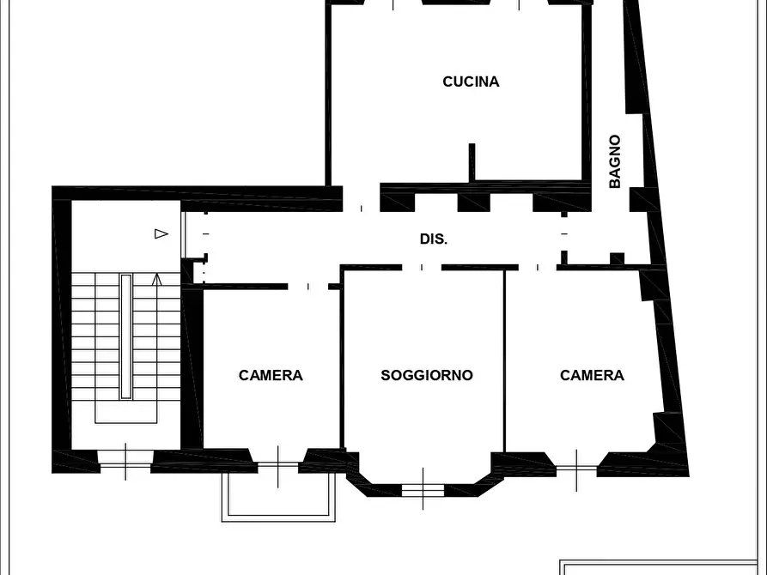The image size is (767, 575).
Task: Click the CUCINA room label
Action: click(x=471, y=82)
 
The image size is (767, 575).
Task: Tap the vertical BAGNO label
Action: click(x=615, y=161)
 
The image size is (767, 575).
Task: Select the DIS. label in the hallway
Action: click(x=434, y=239)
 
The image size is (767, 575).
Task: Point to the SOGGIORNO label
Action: click(x=427, y=375)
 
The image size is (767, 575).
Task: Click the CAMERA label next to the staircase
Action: click(x=271, y=375)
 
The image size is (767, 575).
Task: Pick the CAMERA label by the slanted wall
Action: click(x=592, y=375)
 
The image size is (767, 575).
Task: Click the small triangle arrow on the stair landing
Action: click(x=161, y=233)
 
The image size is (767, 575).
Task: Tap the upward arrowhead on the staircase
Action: click(x=156, y=280)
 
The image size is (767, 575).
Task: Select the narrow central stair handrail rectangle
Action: click(x=126, y=336)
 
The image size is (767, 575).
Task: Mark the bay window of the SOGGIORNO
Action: click(x=423, y=489)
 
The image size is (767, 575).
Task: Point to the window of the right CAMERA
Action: click(x=576, y=469)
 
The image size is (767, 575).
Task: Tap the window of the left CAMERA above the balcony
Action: click(x=277, y=465)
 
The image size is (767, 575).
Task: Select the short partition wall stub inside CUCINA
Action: click(x=472, y=162)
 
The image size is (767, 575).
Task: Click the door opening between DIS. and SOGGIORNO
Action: click(x=422, y=268)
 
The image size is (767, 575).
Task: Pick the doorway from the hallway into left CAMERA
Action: click(x=307, y=287)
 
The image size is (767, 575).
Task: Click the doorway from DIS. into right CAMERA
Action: click(x=538, y=268)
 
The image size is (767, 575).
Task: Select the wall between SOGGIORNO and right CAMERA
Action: click(x=504, y=360)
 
